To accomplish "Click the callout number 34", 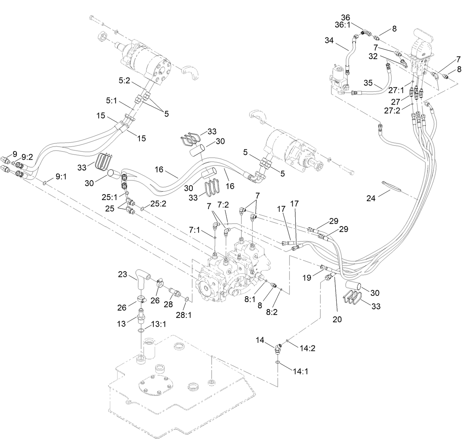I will (329, 40).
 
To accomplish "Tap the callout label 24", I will (371, 199).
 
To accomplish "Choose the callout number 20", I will (337, 319).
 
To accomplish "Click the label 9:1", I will (61, 177).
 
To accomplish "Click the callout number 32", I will (373, 57).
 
